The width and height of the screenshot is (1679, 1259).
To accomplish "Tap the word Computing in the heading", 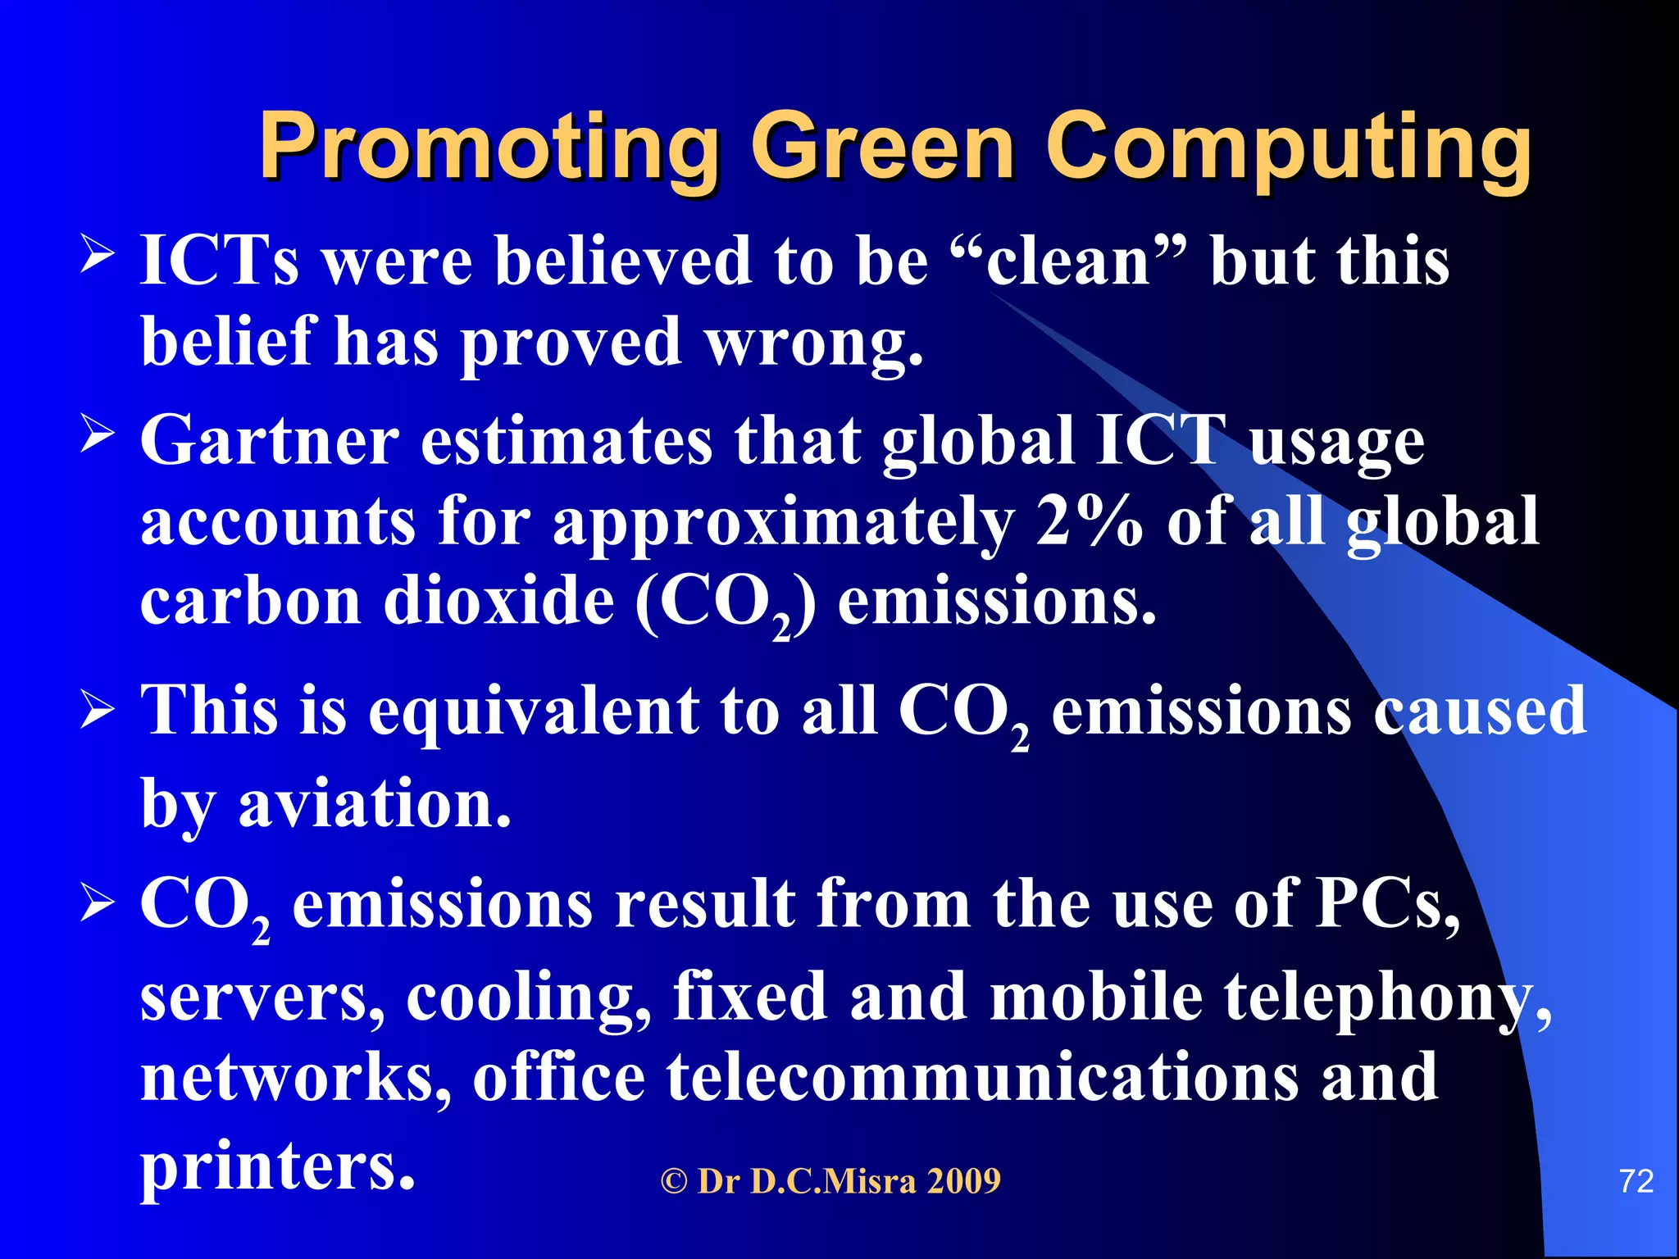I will (1287, 148).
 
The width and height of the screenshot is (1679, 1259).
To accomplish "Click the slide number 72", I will (1636, 1181).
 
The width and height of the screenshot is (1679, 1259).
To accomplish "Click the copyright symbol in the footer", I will (674, 1182).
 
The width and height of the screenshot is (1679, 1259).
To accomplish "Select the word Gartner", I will (270, 440).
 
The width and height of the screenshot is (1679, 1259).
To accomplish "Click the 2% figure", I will (1089, 522).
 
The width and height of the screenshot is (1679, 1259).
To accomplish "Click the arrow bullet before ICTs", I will (98, 255).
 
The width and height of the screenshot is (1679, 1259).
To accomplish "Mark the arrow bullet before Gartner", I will (98, 434).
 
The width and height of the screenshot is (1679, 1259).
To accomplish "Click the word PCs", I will (1387, 904).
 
